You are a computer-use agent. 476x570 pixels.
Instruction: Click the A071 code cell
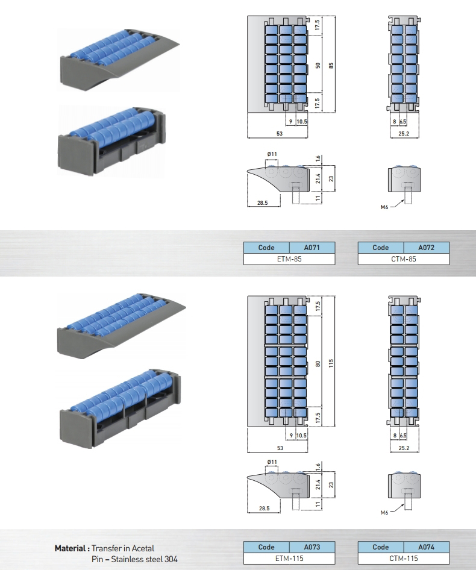click(312, 248)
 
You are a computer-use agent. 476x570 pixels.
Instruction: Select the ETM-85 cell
click(289, 259)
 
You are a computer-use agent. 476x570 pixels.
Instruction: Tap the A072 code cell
click(427, 248)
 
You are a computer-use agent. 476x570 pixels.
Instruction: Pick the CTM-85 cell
click(404, 259)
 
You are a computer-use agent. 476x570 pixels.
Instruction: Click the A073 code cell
click(312, 547)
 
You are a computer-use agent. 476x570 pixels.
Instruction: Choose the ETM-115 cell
click(289, 559)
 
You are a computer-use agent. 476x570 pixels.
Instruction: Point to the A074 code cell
click(427, 547)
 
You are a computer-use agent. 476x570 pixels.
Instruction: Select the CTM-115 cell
click(404, 559)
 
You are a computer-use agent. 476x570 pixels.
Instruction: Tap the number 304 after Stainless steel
click(170, 559)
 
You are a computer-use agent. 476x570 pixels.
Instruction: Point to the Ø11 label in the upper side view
click(272, 155)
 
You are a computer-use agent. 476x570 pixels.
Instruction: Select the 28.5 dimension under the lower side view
click(264, 509)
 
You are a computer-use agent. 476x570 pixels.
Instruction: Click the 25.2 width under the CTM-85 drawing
click(404, 134)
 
